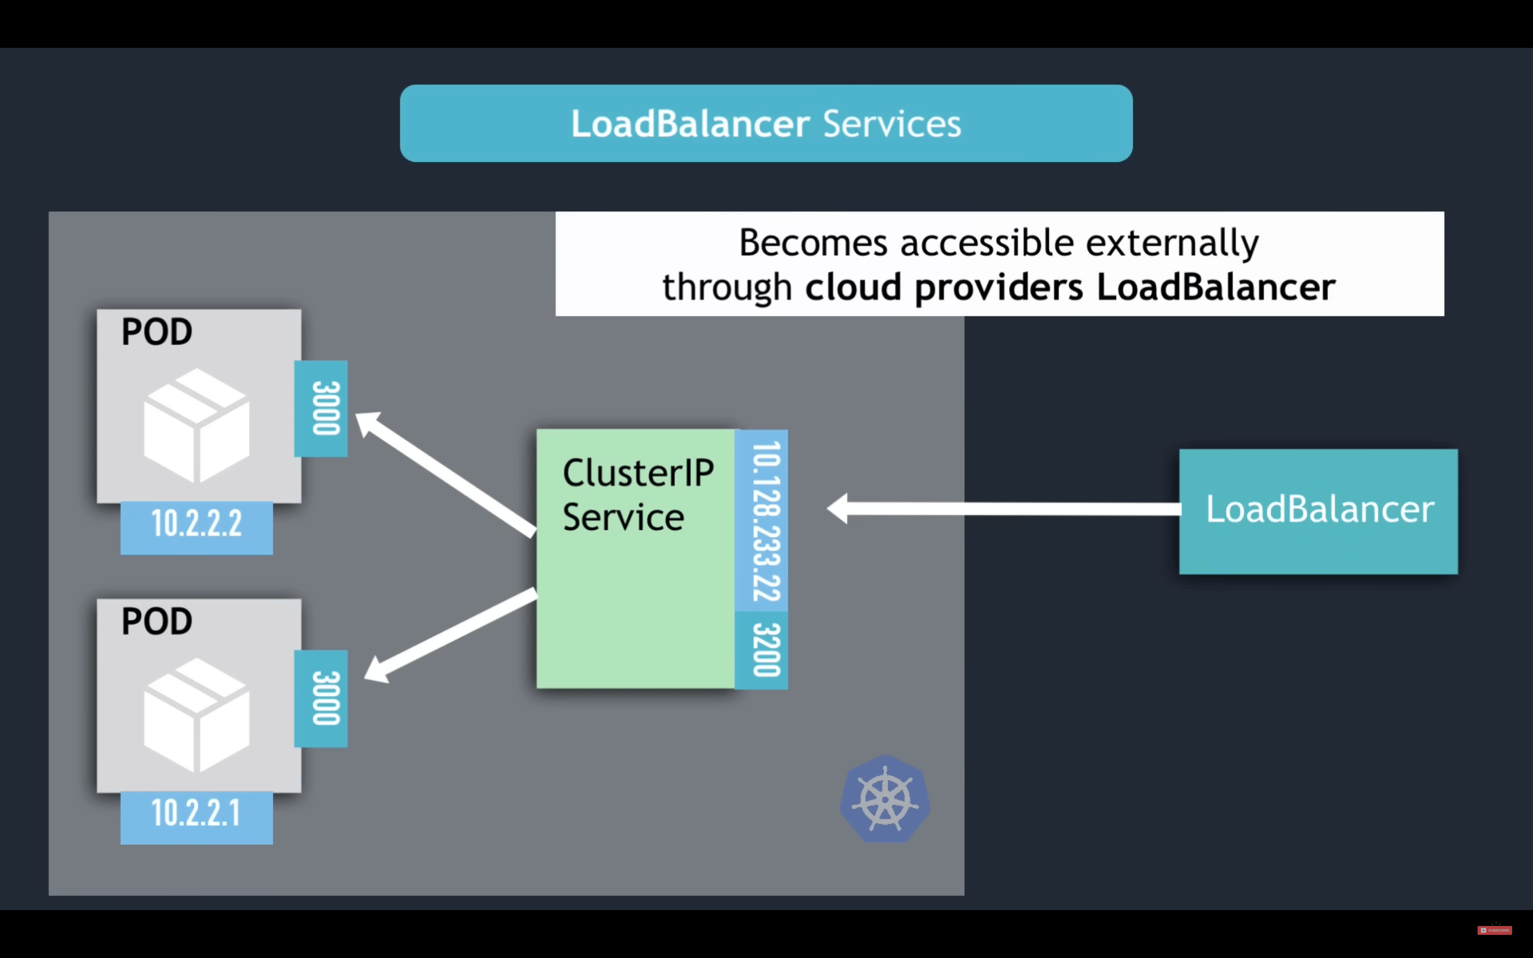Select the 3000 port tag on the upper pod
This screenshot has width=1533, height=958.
(321, 408)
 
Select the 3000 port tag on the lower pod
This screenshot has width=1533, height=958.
(321, 698)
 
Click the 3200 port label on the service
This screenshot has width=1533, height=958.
(762, 650)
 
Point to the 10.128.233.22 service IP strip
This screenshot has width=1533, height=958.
(762, 521)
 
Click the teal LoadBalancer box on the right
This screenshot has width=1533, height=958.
(1318, 511)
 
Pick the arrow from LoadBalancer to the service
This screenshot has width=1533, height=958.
(1004, 509)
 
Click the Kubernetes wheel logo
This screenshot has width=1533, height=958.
(885, 799)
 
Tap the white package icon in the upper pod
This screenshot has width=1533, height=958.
(197, 426)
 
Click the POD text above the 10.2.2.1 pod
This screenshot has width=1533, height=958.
(157, 621)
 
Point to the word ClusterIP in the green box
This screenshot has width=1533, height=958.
(638, 473)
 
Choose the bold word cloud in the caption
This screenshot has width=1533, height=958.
(853, 287)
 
